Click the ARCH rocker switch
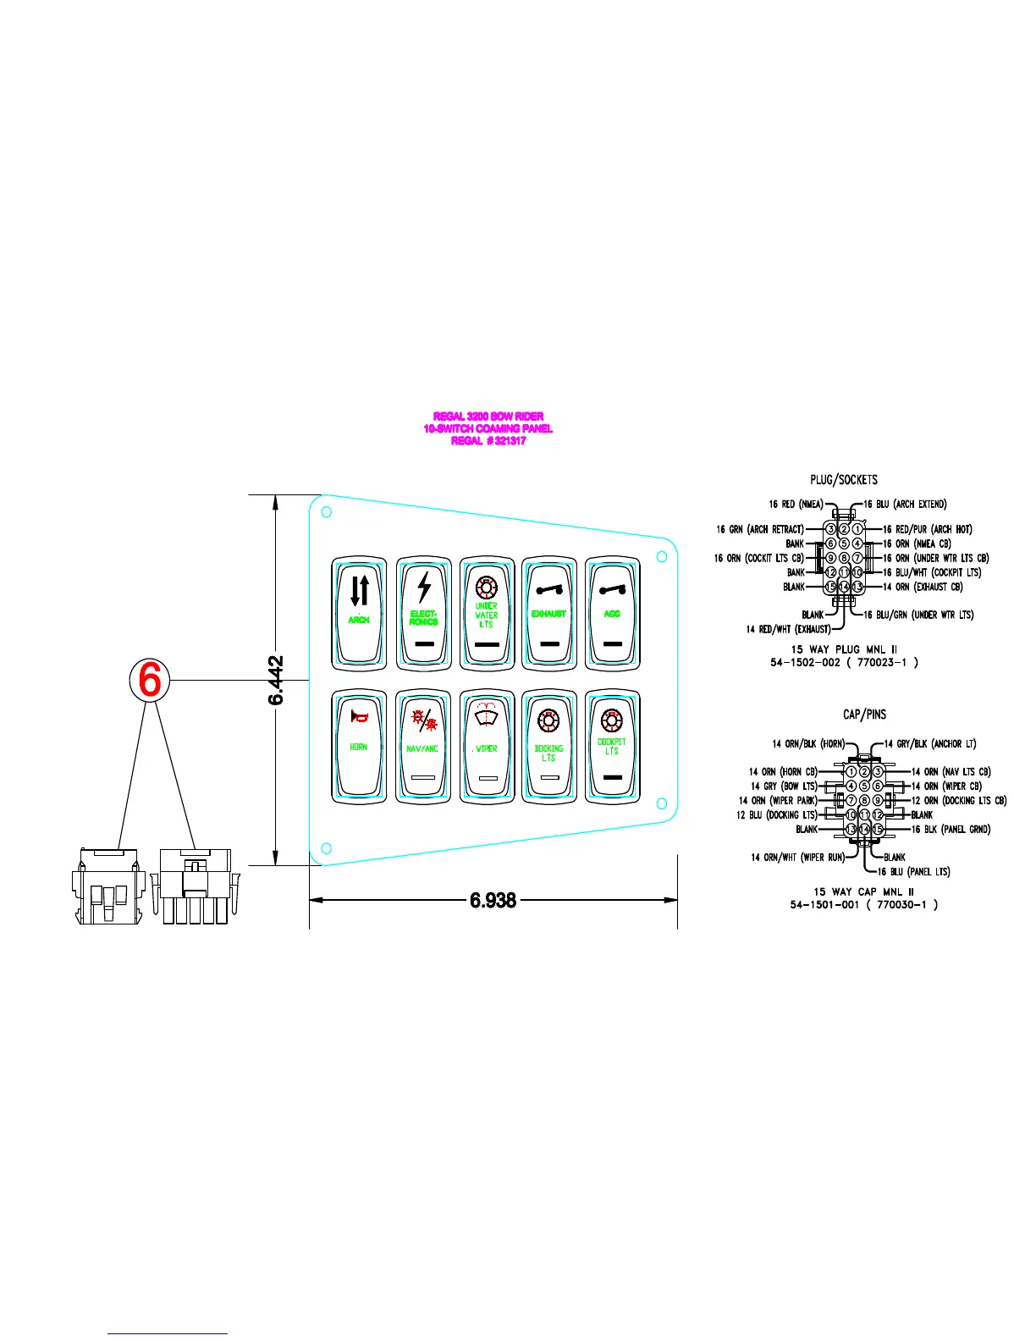pos(359,612)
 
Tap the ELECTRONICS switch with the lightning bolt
pos(423,612)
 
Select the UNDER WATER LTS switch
pos(486,612)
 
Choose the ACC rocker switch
pos(612,612)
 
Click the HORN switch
pos(359,746)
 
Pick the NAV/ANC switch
pos(422,746)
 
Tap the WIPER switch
pos(486,746)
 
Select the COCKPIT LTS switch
pos(611,746)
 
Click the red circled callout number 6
pos(150,680)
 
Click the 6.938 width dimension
pos(493,900)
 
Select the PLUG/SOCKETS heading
pos(844,480)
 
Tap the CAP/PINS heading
pos(864,715)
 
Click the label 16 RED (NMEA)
pos(796,505)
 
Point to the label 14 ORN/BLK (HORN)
pos(808,744)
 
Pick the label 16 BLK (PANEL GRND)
pos(951,830)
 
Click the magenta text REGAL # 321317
pos(488,441)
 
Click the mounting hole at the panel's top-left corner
pos(327,512)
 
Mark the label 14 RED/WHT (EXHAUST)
pos(788,629)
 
